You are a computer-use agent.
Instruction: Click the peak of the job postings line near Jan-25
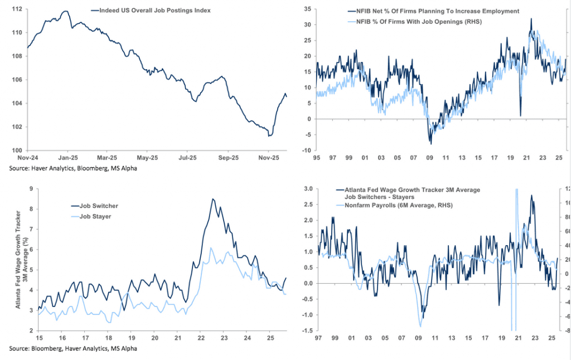coord(66,11)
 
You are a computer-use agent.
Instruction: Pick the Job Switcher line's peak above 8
coord(212,199)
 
